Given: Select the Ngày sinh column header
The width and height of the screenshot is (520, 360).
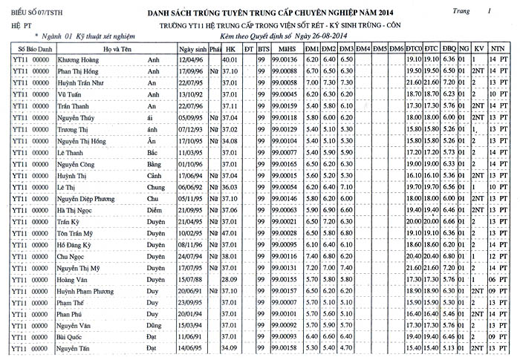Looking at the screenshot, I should pyautogui.click(x=192, y=48).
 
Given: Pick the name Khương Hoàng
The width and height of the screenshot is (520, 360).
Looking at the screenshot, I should pyautogui.click(x=79, y=59).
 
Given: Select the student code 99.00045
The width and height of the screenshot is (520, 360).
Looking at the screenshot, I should pyautogui.click(x=285, y=94).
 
